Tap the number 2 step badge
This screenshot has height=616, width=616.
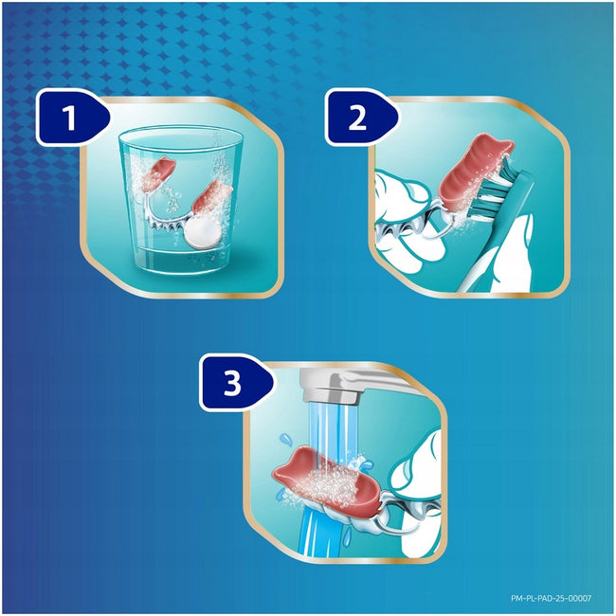pyautogui.click(x=358, y=118)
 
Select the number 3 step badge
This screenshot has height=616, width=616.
pyautogui.click(x=233, y=383)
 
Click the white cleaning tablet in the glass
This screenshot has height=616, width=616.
pyautogui.click(x=202, y=233)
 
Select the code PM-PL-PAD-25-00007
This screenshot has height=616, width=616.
pyautogui.click(x=551, y=598)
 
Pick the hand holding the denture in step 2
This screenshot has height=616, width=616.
pyautogui.click(x=405, y=220)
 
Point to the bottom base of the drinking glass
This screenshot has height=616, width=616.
pyautogui.click(x=181, y=267)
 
